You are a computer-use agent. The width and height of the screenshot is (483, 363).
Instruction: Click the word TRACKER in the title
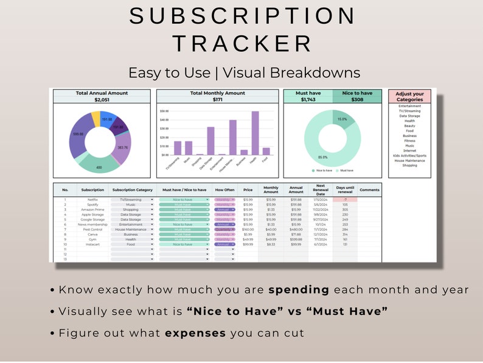tap(242, 43)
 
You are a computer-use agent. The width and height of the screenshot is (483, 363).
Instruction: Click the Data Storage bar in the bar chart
tap(210, 141)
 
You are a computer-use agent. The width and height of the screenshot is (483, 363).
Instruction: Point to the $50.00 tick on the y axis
tap(164, 111)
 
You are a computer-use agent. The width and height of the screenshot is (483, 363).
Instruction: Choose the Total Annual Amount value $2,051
tap(101, 99)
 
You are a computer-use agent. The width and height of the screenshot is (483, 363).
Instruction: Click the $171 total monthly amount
tap(217, 99)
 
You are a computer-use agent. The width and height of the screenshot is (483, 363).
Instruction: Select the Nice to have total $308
tap(357, 99)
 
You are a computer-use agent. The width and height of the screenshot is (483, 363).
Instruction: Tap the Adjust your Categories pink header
tap(409, 96)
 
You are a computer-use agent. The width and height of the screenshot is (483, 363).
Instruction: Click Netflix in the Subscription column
tap(93, 200)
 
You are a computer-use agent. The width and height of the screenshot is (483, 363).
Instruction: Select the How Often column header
tap(224, 189)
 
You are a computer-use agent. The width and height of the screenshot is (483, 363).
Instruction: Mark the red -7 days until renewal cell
tap(345, 200)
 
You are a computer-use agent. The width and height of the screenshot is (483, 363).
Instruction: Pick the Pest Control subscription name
tap(93, 229)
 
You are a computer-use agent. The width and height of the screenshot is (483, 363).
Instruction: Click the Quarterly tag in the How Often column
tap(224, 229)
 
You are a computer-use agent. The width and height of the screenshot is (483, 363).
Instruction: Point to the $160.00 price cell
tap(248, 229)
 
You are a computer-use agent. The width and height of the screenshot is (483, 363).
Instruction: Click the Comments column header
tap(369, 189)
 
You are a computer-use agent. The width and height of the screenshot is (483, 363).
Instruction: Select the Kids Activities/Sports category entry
tap(409, 155)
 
